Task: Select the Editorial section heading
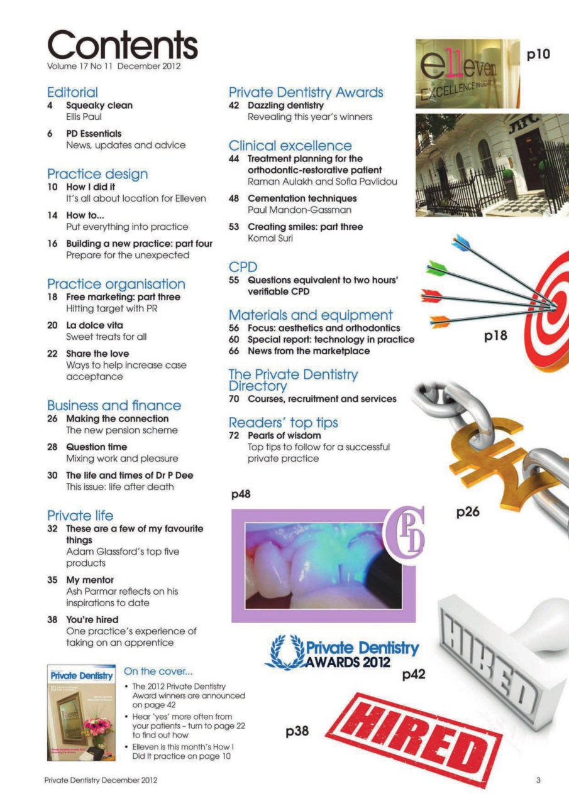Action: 72,92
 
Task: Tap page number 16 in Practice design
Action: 53,243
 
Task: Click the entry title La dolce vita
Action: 94,325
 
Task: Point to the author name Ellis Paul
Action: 84,117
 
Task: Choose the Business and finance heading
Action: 114,405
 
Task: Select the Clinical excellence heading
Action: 290,146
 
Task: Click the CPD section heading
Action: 243,267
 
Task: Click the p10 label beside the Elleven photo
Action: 538,55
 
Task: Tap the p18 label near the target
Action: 496,337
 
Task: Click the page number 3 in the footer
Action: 538,780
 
